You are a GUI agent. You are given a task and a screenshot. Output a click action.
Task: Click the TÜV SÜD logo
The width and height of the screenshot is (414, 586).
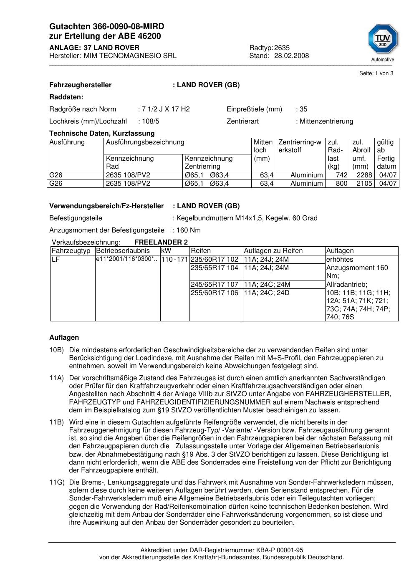point(382,40)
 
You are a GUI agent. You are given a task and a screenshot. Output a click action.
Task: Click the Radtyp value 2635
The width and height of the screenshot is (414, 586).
point(282,48)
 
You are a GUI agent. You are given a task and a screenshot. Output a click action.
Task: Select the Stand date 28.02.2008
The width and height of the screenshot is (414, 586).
point(291,56)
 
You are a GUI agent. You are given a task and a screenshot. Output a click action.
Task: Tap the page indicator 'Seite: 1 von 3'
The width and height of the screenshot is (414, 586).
point(376,73)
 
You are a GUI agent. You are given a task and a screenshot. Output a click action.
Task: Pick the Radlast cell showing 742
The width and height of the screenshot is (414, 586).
point(342,175)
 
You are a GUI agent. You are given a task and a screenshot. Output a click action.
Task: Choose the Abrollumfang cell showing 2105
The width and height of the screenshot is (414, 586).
point(364,184)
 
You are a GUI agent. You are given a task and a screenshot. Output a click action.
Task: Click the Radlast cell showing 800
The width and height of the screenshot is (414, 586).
point(342,184)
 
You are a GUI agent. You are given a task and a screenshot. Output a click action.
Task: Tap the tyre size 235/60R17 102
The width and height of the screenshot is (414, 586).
point(214,259)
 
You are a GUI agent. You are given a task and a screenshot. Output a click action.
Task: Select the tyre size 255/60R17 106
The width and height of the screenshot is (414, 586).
point(214,293)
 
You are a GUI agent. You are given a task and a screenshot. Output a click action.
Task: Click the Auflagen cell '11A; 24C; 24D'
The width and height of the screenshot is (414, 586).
point(266,293)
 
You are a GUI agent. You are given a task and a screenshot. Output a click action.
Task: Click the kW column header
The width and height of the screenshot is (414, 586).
point(166,251)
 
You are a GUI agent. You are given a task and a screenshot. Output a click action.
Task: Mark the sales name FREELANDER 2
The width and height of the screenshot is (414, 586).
point(161,242)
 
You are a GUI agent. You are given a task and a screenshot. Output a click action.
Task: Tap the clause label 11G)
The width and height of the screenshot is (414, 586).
point(57,483)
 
